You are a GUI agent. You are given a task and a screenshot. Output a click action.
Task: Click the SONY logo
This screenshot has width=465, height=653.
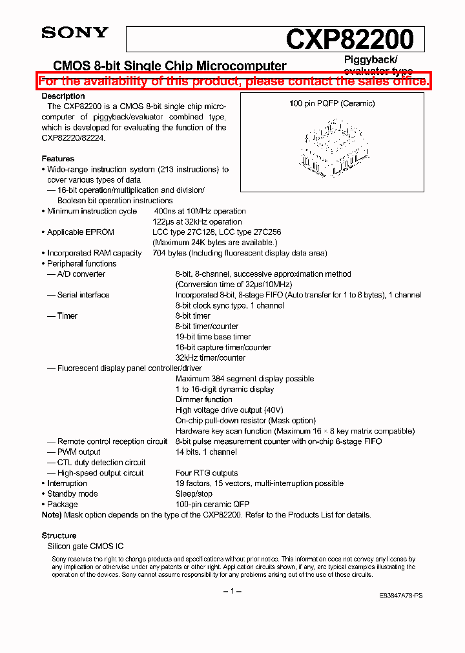tap(75, 33)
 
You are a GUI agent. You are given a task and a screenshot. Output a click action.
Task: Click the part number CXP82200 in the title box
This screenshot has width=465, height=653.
tap(349, 40)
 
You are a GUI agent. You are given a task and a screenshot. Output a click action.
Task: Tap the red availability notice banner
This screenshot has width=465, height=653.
tap(233, 81)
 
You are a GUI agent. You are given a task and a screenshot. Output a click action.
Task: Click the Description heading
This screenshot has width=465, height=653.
tap(63, 96)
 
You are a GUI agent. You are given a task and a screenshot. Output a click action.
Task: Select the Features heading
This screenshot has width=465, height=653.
tap(58, 159)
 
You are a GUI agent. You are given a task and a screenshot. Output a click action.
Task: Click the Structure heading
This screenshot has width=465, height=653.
tap(59, 536)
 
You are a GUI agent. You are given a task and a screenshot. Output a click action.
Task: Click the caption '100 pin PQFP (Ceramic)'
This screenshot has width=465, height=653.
tap(332, 103)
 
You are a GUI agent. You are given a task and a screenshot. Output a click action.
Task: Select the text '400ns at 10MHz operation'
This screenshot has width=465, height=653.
tap(200, 211)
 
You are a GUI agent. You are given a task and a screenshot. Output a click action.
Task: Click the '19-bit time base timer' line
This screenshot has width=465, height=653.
tap(214, 337)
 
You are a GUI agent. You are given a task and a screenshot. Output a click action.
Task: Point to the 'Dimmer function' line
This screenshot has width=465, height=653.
tap(203, 399)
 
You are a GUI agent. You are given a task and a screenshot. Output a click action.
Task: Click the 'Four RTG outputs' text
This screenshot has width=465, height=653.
tap(207, 473)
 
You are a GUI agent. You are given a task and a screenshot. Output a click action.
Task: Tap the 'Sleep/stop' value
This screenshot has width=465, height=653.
tap(194, 494)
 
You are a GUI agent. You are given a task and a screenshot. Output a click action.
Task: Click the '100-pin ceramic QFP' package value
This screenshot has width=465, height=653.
tap(212, 504)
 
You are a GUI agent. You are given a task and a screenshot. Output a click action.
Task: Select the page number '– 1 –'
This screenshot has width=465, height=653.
tap(232, 591)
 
